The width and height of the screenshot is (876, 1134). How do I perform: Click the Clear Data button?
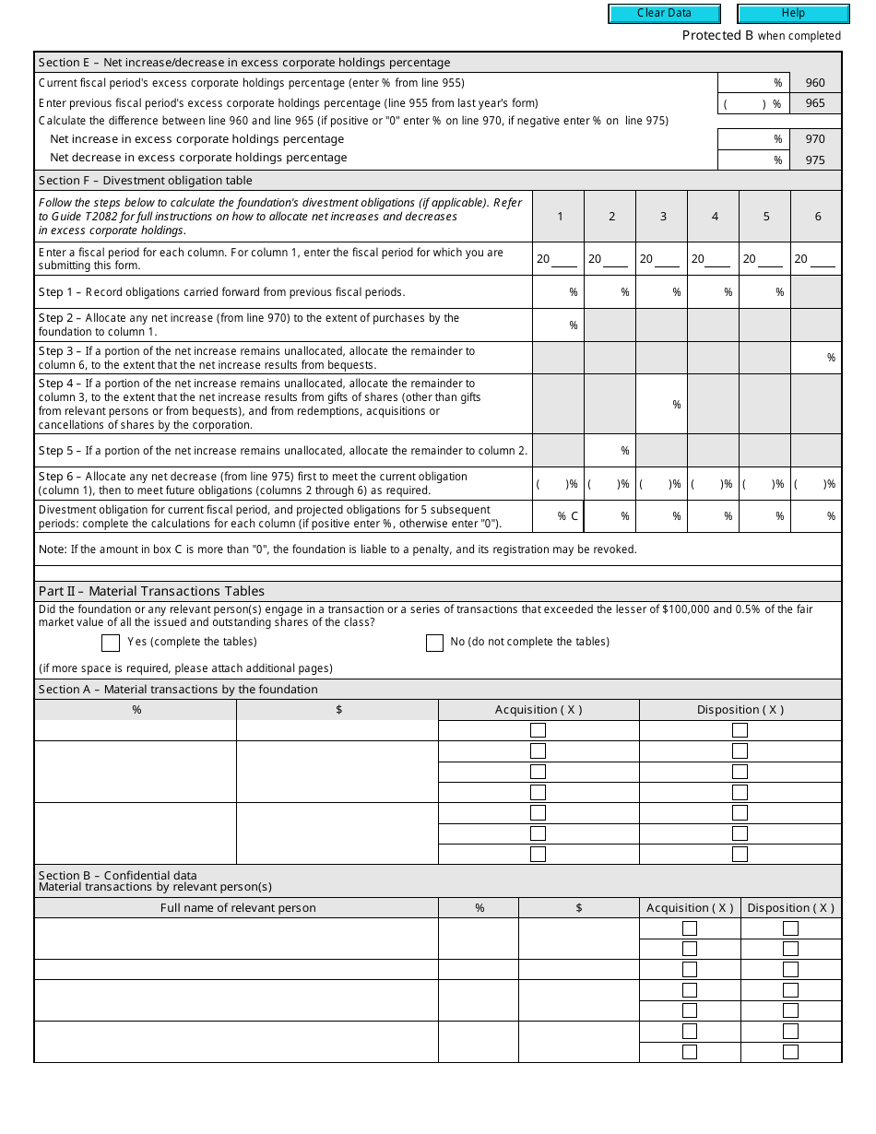point(664,14)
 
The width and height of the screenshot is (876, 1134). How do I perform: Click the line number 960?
point(815,83)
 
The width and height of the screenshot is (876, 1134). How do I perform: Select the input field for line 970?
point(752,139)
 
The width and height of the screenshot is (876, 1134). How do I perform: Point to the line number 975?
point(815,160)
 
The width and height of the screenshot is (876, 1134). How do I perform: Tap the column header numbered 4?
point(715,217)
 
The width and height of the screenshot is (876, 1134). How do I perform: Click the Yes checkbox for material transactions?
point(111,643)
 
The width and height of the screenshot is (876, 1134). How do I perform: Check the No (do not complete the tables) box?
point(434,643)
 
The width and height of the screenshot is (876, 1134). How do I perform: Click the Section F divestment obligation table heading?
point(146,181)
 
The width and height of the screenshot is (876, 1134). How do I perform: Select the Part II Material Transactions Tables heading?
point(151,591)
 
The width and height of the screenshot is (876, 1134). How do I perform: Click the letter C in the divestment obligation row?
point(574,516)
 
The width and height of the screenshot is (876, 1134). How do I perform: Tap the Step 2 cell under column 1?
point(558,325)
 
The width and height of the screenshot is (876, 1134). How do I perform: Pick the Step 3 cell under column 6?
point(815,358)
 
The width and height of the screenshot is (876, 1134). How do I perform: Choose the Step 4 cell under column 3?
point(661,405)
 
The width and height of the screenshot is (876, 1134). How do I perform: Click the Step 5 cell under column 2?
point(610,451)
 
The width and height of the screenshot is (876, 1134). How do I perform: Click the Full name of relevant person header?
point(238,908)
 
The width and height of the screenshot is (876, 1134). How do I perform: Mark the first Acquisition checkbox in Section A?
point(538,730)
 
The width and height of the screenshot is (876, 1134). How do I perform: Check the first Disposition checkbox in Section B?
point(790,928)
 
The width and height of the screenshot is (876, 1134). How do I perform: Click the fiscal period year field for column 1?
point(564,260)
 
